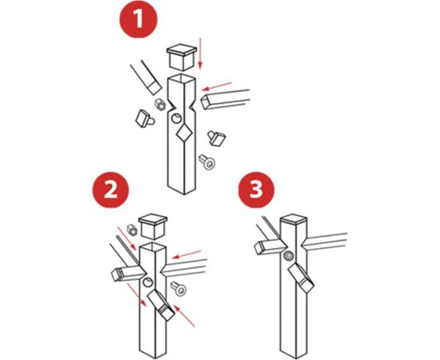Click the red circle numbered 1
click(x=138, y=19)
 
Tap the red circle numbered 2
click(x=110, y=190)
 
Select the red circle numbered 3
click(x=256, y=190)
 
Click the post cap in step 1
click(x=182, y=57)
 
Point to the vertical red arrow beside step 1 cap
click(x=200, y=54)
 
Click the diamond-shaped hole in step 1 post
click(x=184, y=133)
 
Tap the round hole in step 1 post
click(x=177, y=118)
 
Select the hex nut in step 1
click(x=160, y=105)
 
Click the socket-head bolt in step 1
click(x=207, y=162)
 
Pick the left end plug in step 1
click(x=144, y=119)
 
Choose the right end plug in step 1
click(x=217, y=138)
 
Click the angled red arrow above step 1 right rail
click(x=216, y=86)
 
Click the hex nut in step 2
click(x=132, y=230)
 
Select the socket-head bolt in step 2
click(x=178, y=289)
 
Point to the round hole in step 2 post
click(x=148, y=282)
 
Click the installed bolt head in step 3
click(x=289, y=256)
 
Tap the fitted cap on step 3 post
click(x=294, y=220)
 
